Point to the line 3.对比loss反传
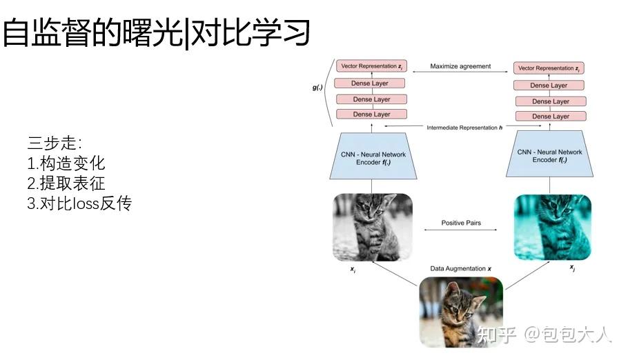(79, 204)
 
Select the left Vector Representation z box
(371, 67)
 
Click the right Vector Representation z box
(549, 69)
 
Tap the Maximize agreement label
(460, 67)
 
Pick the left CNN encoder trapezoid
(371, 156)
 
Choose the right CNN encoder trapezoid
(549, 157)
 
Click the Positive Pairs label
(460, 223)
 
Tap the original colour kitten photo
(460, 310)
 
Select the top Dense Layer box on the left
(371, 83)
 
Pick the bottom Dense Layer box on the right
(549, 117)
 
